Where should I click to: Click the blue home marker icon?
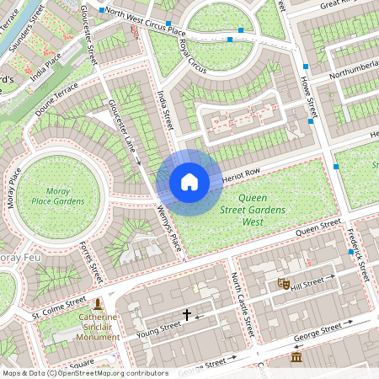189,182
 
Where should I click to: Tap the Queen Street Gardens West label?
253,209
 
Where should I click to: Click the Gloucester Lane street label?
122,130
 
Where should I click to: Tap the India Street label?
165,109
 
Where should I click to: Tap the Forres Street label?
90,260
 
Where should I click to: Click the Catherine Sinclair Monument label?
98,328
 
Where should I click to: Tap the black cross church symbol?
187,314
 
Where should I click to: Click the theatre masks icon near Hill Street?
284,285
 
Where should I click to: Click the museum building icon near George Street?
296,358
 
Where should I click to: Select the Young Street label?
160,326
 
